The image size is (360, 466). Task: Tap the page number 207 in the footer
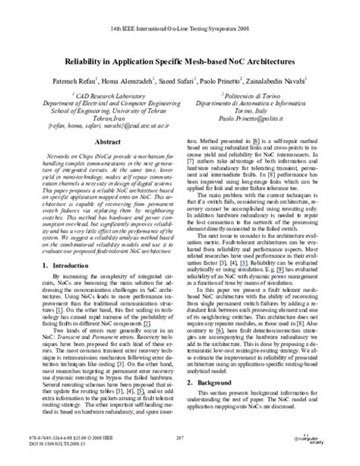pyautogui.click(x=180, y=439)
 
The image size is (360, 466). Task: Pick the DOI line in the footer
pyautogui.click(x=50, y=445)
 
